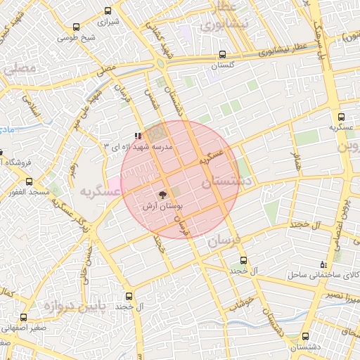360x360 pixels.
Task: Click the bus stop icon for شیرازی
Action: (x=108, y=11)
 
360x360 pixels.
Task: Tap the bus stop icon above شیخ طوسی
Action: (x=76, y=27)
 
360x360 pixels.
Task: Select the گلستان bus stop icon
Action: (x=223, y=54)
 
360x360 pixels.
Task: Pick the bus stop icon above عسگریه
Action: (x=342, y=117)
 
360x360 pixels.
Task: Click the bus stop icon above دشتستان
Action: (x=304, y=336)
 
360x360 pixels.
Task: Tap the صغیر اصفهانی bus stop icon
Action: (x=24, y=317)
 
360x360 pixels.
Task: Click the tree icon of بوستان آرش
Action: (x=162, y=195)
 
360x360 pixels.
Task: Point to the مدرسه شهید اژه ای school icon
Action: (x=139, y=135)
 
